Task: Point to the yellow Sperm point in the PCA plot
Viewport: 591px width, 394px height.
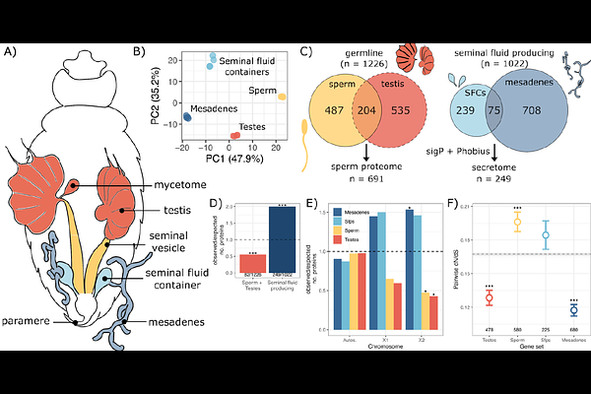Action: coord(282,97)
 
